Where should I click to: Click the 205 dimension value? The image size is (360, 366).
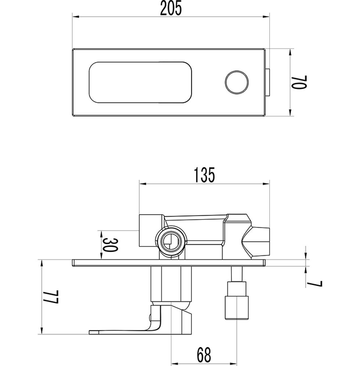click(171, 9)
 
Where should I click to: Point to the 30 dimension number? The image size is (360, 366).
click(110, 245)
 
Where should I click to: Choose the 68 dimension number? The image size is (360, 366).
click(204, 355)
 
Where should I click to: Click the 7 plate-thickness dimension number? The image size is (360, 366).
click(315, 284)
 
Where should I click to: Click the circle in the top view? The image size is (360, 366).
click(237, 82)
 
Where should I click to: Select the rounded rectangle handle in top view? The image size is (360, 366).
click(140, 82)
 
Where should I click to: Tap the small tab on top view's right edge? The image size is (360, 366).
click(268, 82)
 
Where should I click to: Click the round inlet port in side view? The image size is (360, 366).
click(172, 241)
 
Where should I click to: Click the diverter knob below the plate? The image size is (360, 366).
click(237, 308)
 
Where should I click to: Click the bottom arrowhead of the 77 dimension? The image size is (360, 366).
click(42, 330)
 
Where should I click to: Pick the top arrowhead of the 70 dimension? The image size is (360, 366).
click(290, 53)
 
